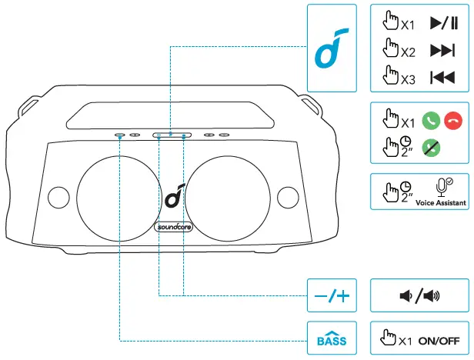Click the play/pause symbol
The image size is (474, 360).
441,24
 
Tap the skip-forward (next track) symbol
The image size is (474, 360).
441,51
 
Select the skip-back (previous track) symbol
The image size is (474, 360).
441,77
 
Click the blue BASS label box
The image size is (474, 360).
332,339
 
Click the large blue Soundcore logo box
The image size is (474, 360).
331,48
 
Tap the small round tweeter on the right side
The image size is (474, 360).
286,195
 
